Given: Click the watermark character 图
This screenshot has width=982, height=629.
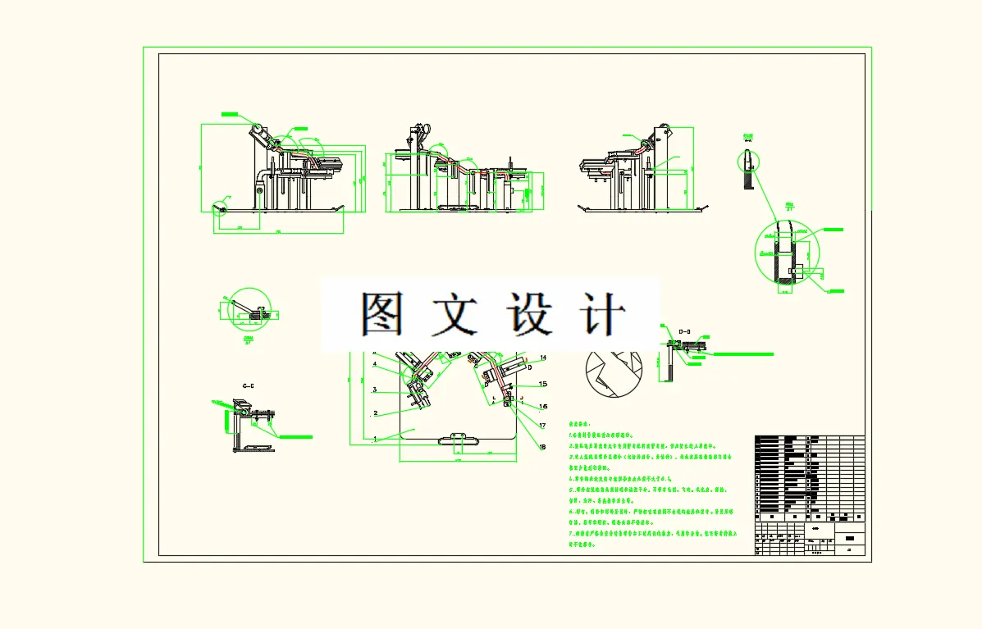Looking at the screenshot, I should click(382, 314).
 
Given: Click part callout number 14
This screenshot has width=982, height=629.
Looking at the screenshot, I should click(542, 358).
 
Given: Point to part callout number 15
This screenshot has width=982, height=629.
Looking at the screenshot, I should click(542, 383).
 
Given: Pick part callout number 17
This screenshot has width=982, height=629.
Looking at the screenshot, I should click(542, 425).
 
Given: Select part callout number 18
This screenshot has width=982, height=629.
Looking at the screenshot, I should click(542, 446).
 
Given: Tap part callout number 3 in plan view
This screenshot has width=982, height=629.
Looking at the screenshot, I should click(374, 390).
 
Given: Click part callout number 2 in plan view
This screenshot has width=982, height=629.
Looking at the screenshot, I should click(374, 413).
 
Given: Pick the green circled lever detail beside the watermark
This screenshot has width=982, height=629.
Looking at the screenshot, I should click(248, 309).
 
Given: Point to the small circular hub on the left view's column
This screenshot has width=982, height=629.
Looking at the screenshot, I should click(259, 191).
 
